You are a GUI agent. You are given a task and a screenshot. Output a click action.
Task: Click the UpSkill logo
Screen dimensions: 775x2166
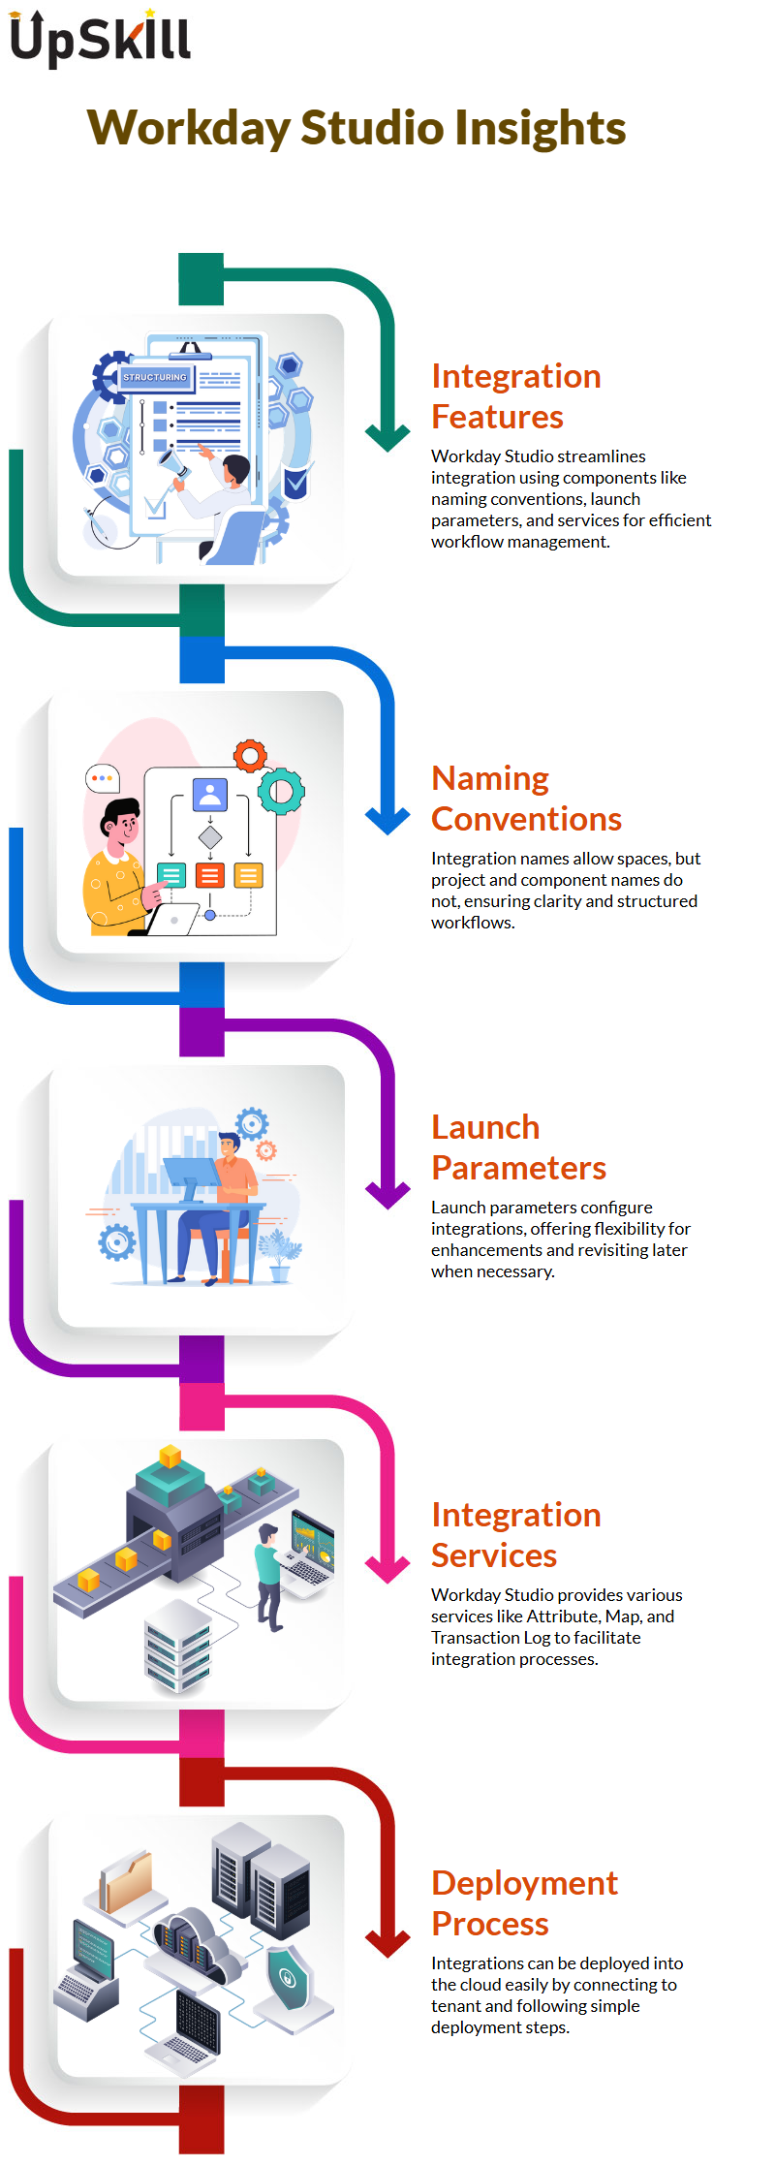(100, 38)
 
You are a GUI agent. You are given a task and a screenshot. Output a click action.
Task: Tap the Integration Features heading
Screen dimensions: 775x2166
(516, 396)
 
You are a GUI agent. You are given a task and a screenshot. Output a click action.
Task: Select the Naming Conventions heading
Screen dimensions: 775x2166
(527, 799)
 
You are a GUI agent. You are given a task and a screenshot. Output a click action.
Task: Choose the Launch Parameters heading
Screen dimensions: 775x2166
(518, 1147)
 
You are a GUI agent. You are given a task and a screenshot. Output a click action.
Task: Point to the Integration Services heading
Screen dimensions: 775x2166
(516, 1535)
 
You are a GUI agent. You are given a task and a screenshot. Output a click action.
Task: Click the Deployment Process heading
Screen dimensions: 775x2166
(524, 1903)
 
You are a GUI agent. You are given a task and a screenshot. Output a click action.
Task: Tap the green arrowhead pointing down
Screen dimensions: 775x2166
(388, 438)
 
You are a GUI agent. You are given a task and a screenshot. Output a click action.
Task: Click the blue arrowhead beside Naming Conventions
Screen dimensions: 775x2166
(388, 821)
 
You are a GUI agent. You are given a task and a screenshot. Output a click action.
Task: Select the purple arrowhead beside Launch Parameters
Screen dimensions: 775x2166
(388, 1195)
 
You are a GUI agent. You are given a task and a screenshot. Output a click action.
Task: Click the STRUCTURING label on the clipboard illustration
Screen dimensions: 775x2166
(155, 377)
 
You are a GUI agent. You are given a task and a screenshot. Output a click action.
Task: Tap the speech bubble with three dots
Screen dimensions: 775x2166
(102, 778)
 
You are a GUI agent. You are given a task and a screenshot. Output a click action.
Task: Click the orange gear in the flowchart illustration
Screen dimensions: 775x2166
(250, 756)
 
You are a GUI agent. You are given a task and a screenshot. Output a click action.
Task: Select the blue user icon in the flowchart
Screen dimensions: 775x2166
(210, 795)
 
